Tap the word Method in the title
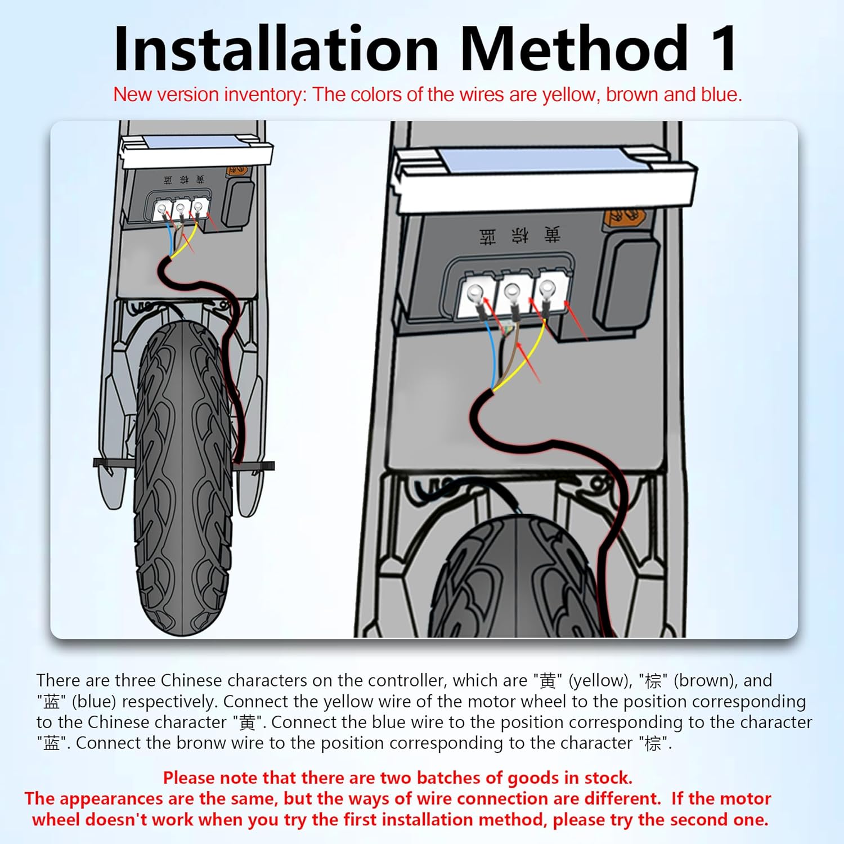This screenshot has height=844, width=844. click(x=574, y=48)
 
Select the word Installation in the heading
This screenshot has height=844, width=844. click(x=276, y=48)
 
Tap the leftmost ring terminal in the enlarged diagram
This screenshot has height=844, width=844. click(x=474, y=293)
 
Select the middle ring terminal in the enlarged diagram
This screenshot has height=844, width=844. click(x=511, y=291)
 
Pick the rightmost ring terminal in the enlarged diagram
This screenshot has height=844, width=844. click(x=546, y=289)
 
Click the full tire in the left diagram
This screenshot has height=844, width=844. click(x=183, y=478)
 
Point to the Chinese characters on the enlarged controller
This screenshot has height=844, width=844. click(x=519, y=235)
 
